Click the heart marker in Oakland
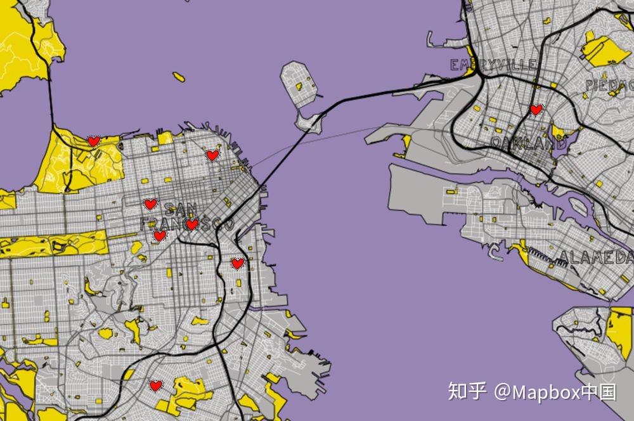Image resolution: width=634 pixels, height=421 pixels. (536, 110)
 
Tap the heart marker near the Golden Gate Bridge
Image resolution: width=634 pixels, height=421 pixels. (94, 141)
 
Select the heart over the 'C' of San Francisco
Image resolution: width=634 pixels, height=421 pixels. (192, 224)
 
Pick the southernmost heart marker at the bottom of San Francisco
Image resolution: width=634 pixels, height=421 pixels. (155, 385)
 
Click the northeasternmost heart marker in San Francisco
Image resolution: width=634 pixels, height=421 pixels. (212, 155)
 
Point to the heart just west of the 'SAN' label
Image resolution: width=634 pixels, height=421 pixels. (150, 204)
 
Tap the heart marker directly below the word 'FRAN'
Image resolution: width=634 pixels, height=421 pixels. (160, 236)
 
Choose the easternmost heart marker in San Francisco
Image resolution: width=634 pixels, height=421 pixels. (237, 263)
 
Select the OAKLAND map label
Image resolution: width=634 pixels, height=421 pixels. (528, 143)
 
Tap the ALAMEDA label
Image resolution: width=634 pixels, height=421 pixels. (596, 257)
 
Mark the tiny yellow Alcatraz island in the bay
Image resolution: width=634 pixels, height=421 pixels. (179, 77)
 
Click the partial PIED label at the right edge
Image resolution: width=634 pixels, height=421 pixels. (609, 85)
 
